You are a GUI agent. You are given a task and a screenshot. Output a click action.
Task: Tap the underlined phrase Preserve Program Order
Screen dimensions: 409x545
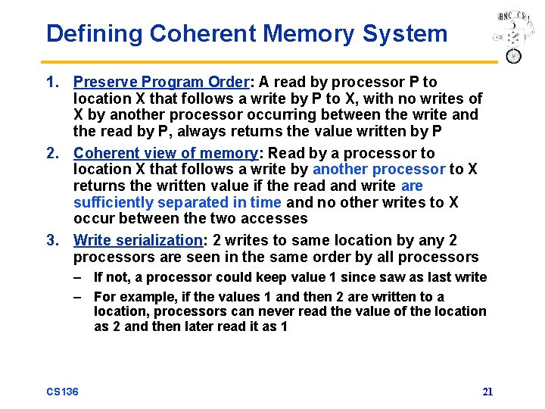pos(160,82)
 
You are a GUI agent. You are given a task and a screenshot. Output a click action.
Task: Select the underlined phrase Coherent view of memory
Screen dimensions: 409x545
pos(166,153)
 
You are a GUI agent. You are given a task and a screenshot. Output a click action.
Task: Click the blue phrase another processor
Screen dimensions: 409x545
pos(378,169)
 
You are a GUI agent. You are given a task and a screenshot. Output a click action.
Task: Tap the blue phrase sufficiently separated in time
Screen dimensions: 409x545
pos(177,202)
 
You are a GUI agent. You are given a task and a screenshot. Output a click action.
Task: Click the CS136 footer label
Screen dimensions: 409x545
pos(63,391)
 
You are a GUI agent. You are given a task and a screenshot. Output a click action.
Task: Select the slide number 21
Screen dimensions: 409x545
pos(487,392)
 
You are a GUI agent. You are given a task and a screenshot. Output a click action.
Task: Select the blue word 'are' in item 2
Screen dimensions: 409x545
pos(412,186)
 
